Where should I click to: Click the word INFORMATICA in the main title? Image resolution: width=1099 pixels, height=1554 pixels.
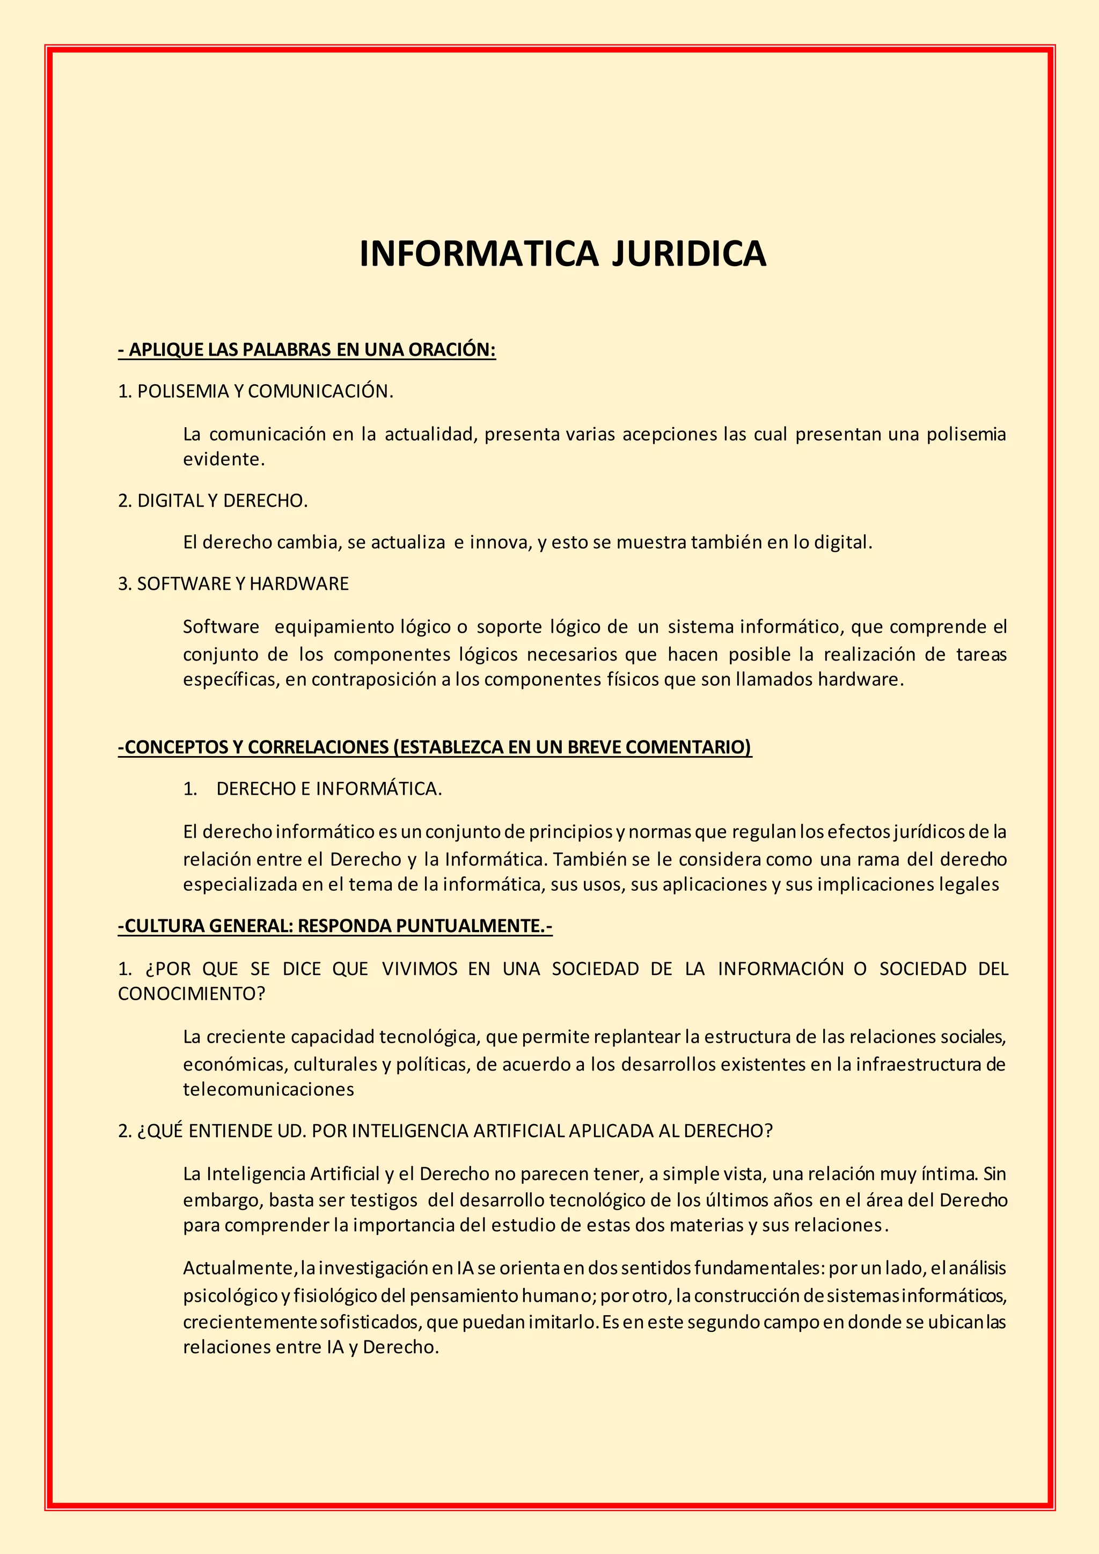pos(479,254)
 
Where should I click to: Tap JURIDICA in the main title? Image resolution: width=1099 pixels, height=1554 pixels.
pos(689,254)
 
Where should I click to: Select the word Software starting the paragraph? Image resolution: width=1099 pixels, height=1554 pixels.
pos(221,627)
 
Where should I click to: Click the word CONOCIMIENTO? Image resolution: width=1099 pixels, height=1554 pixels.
pos(192,994)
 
